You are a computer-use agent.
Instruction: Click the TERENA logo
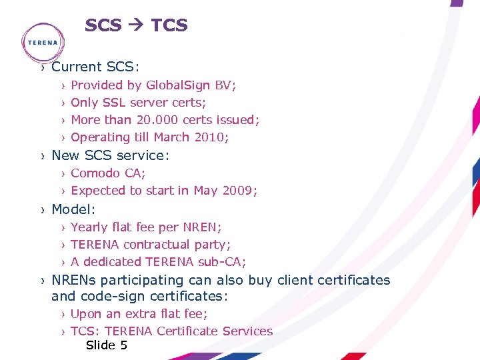[43, 41]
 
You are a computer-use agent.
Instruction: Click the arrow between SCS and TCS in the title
[137, 26]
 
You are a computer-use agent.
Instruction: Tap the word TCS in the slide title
[169, 26]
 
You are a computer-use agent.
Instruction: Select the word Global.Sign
[178, 85]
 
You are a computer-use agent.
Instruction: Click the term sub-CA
[227, 262]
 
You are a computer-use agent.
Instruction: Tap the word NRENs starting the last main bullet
[74, 280]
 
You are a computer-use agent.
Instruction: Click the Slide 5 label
[107, 345]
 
